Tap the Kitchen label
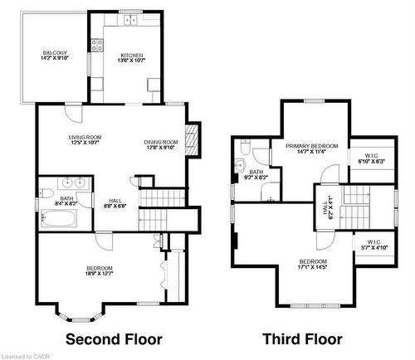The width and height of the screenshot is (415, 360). click(x=120, y=56)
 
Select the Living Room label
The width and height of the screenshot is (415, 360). click(x=85, y=140)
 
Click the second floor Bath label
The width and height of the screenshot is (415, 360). click(x=66, y=202)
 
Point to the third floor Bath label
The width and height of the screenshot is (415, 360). click(x=256, y=175)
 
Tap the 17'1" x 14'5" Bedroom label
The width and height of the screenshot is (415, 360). click(x=313, y=265)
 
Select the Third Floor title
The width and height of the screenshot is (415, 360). click(x=302, y=339)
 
